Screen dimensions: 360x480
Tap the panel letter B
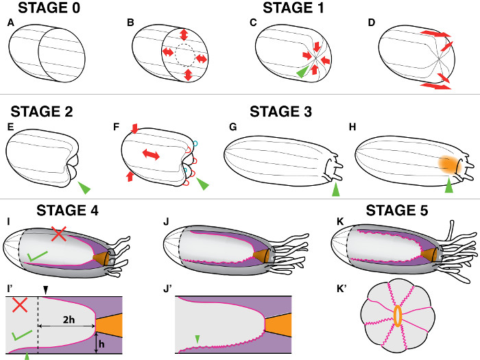130,23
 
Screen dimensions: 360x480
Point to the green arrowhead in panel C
300,70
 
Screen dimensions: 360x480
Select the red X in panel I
60,235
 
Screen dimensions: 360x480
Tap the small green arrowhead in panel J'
197,339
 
